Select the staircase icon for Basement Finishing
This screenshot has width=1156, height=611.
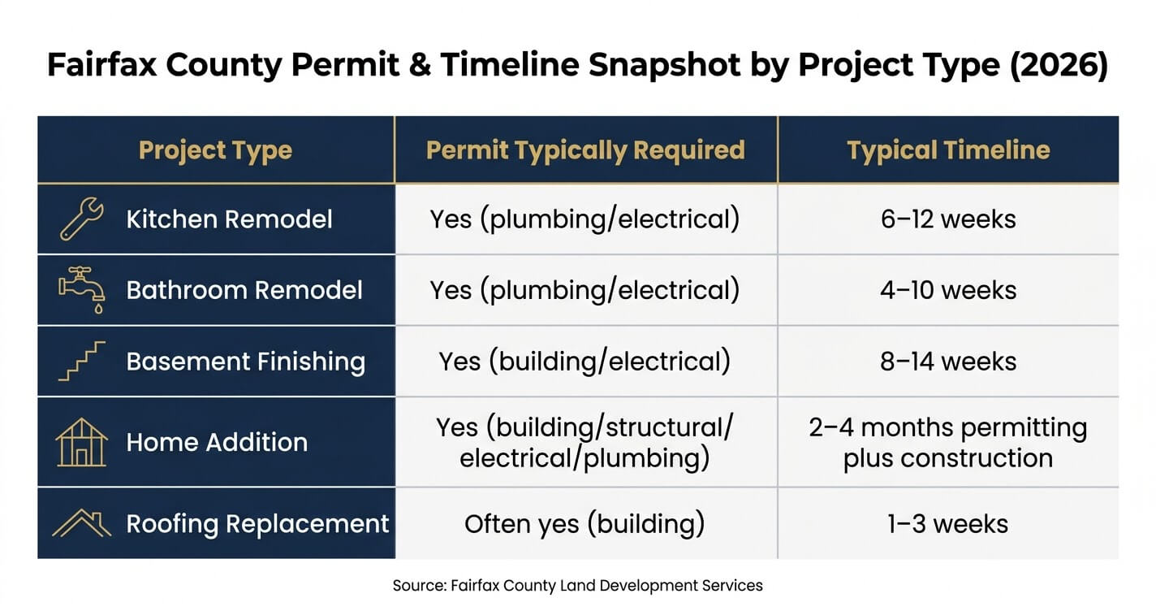[81, 361]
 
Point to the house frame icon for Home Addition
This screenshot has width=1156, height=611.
[81, 443]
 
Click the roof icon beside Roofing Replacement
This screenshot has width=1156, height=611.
[81, 523]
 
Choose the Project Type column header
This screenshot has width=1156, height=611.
[215, 151]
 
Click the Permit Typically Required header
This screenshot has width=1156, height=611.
[586, 151]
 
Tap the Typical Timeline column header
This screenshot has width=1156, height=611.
[948, 151]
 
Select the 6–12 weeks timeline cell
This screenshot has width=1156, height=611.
[948, 219]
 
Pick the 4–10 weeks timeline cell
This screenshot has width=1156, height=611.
[948, 290]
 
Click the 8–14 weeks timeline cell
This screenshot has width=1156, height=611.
[948, 361]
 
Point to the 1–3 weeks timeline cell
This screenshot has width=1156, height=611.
[948, 524]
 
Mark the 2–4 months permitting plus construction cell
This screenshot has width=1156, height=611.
[948, 443]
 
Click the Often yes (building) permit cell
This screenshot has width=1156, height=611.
[584, 524]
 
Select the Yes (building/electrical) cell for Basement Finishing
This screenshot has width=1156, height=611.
[584, 361]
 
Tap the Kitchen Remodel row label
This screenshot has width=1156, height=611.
[229, 219]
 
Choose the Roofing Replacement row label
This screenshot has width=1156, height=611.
[257, 524]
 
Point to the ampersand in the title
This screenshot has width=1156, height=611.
[420, 64]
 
